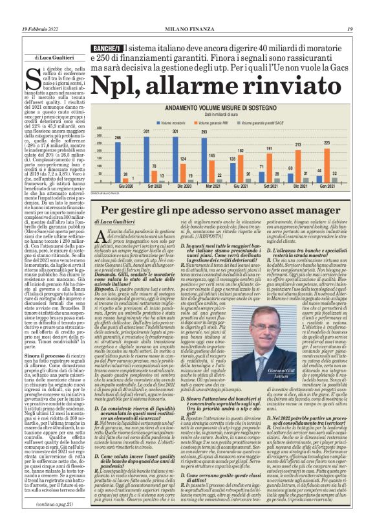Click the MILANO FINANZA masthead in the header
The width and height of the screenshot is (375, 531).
click(187, 28)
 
